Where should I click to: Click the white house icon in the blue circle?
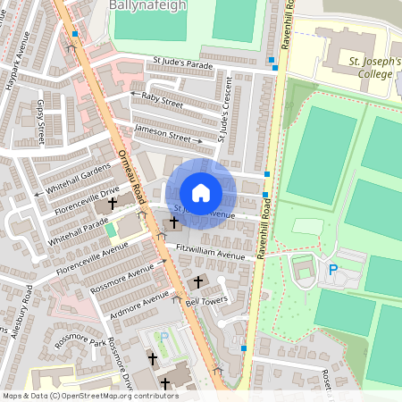pyautogui.click(x=201, y=193)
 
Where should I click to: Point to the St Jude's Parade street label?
pyautogui.click(x=184, y=63)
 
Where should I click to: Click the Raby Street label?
pyautogui.click(x=162, y=103)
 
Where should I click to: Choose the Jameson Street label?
pyautogui.click(x=163, y=133)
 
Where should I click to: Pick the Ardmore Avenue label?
pyautogui.click(x=135, y=300)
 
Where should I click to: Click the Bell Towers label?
pyautogui.click(x=205, y=302)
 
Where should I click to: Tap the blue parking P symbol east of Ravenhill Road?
pyautogui.click(x=334, y=269)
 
